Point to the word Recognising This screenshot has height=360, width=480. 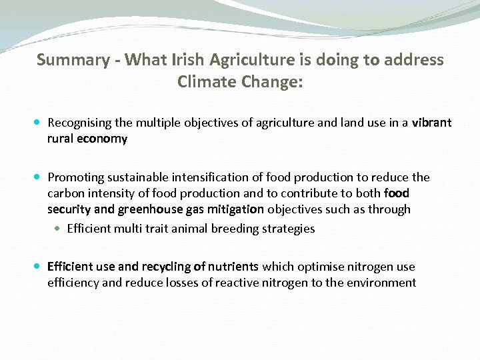click(x=82, y=123)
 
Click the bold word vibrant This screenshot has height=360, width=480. click(x=431, y=123)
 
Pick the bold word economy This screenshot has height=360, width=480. click(x=102, y=139)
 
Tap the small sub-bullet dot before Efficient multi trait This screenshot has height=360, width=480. click(x=58, y=229)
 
